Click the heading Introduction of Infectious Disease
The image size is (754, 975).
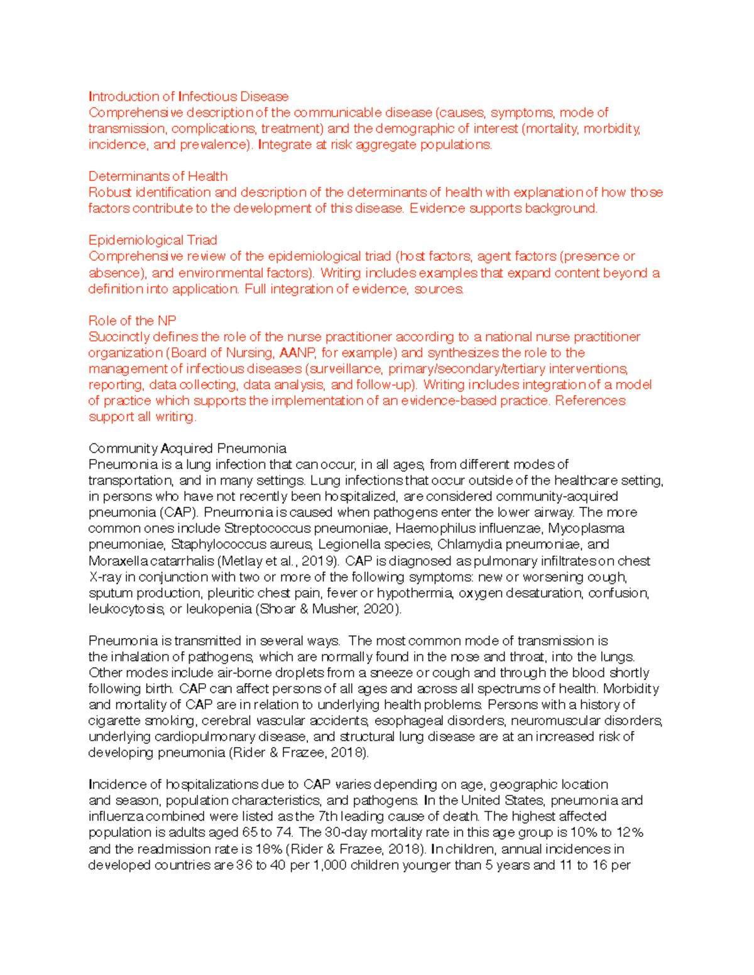coord(188,97)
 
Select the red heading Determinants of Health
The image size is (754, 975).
coord(158,176)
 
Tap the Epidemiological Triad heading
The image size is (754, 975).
coord(153,240)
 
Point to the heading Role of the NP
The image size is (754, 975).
coord(132,321)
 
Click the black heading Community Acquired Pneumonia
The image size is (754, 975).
coord(187,449)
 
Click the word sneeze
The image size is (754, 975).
coord(391,673)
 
